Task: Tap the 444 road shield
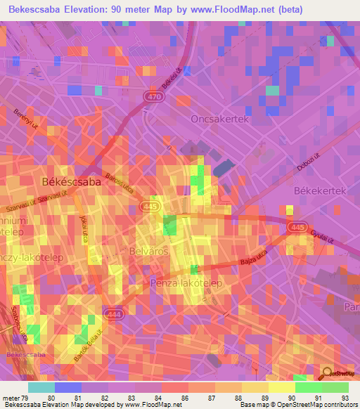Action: tap(113, 313)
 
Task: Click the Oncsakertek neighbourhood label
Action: tap(220, 119)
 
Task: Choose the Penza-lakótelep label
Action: tap(186, 283)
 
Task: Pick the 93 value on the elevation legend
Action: tap(346, 398)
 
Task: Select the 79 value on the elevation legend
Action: tap(27, 398)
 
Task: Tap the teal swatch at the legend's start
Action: tap(41, 387)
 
